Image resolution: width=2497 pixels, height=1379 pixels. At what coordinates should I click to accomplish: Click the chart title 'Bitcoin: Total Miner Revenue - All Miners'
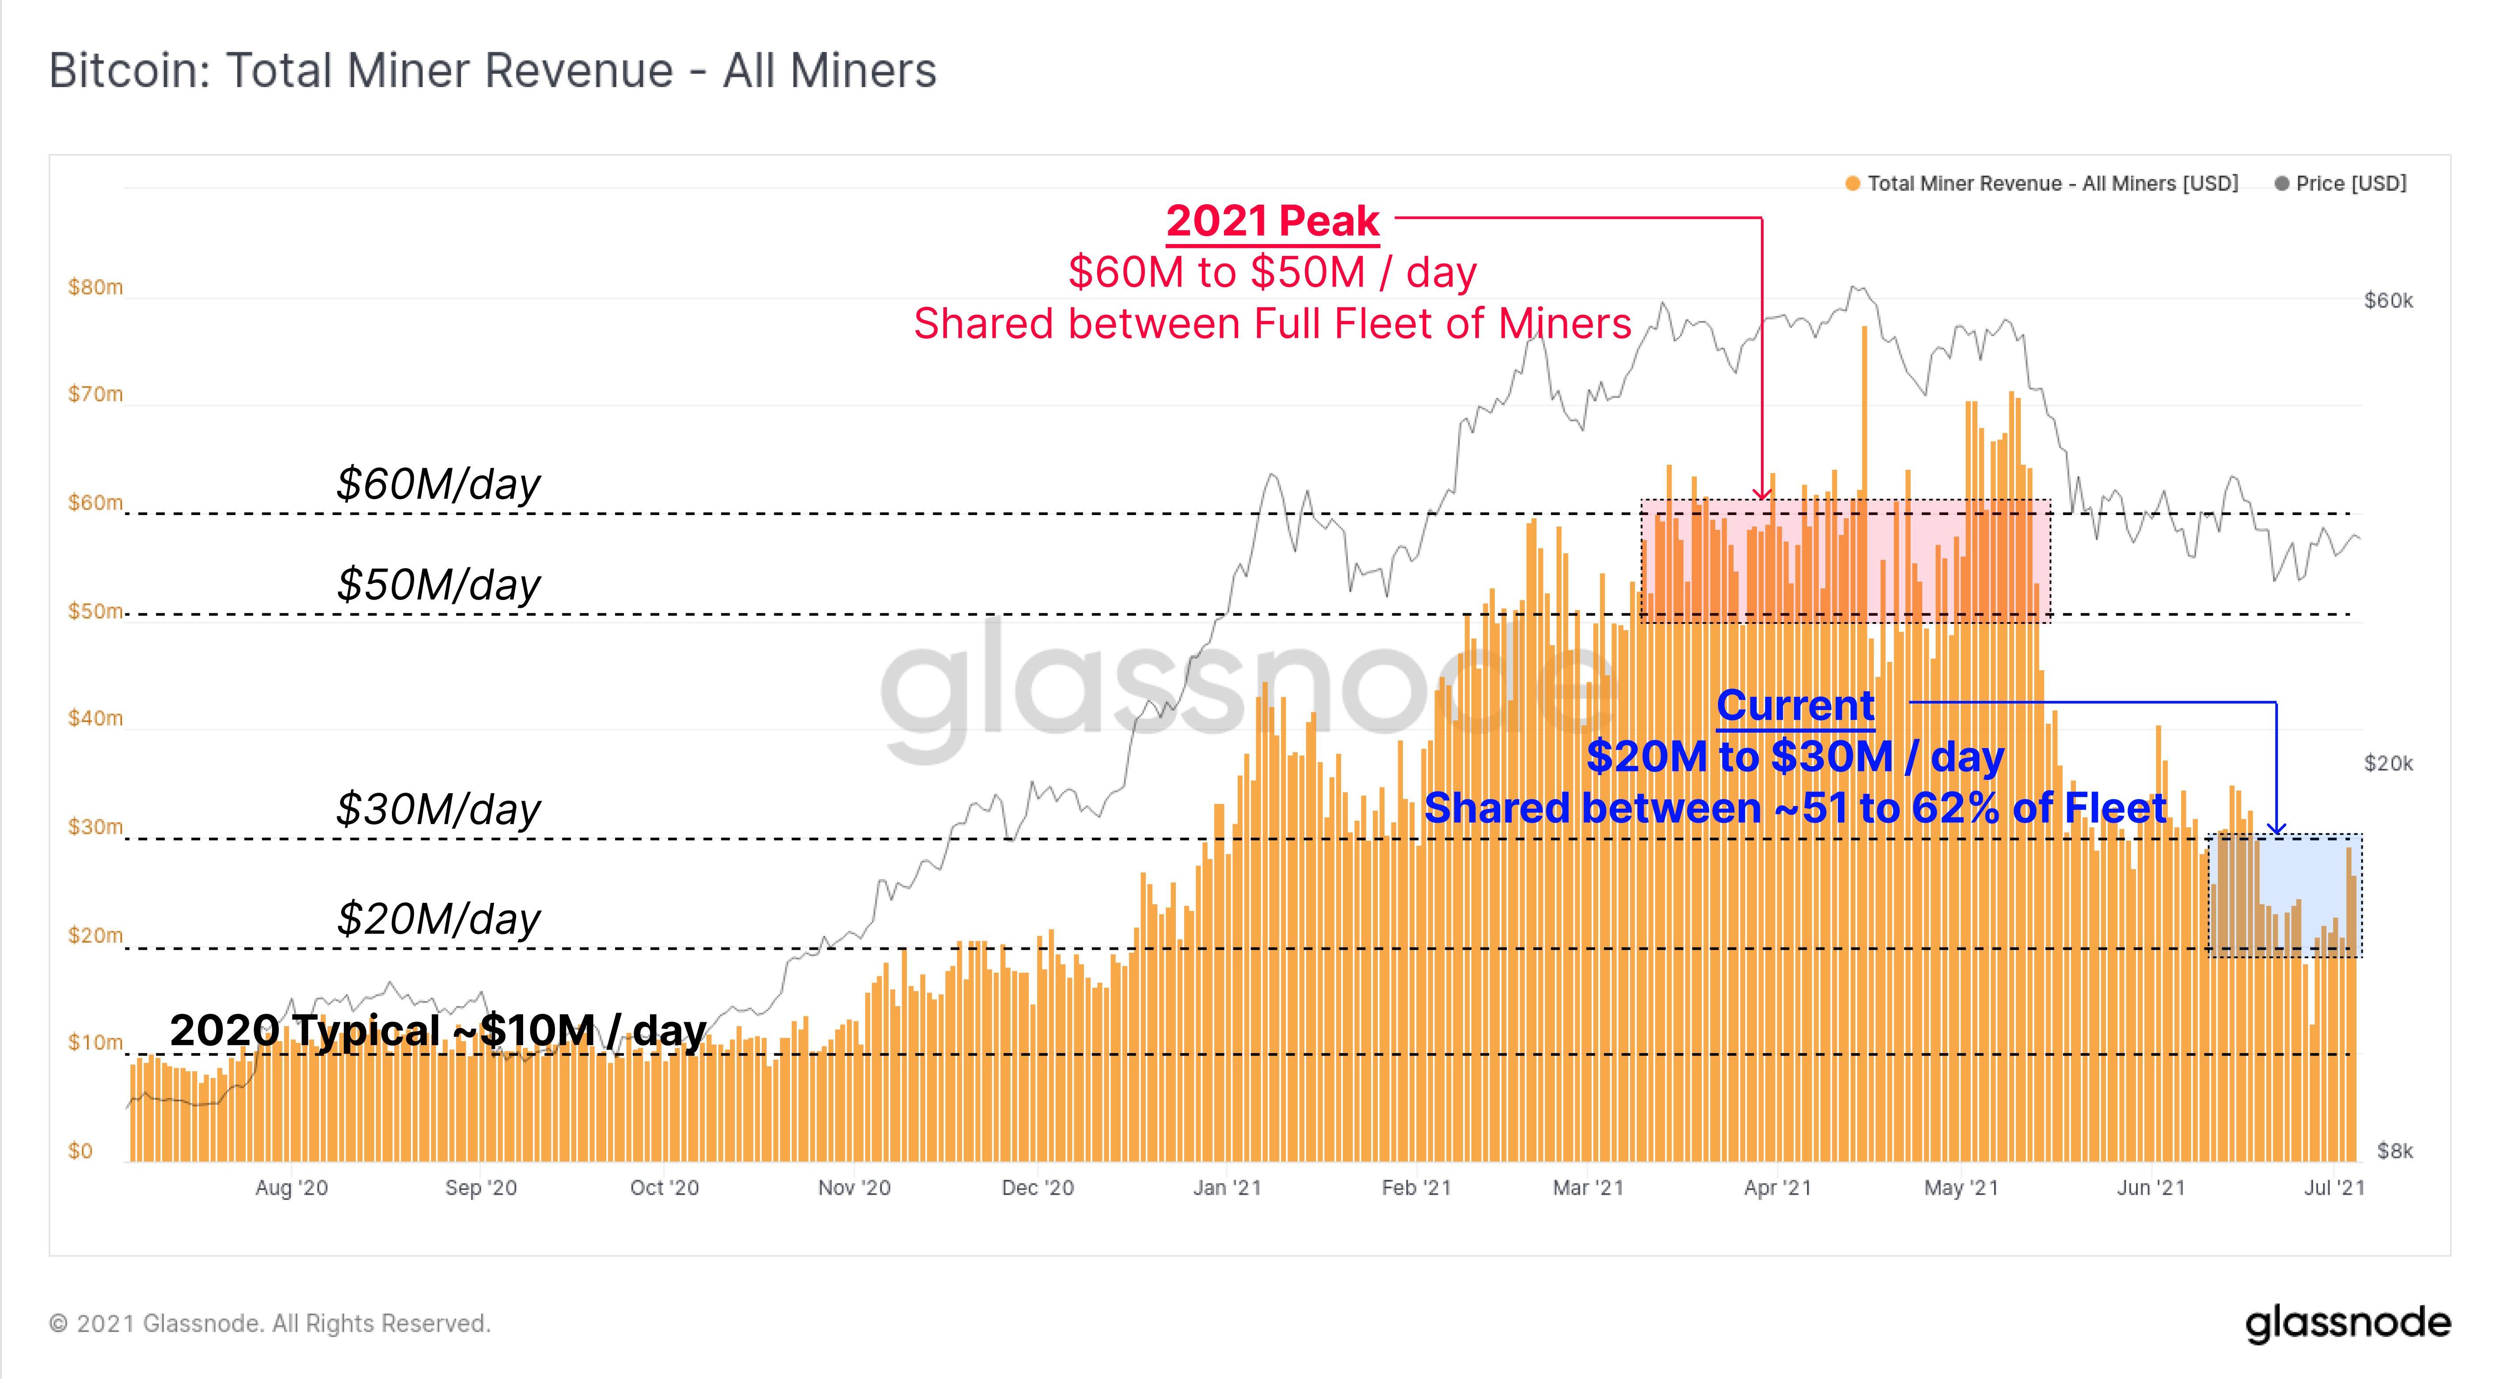pos(492,71)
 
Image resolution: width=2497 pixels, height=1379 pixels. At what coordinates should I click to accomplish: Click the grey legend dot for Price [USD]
pos(2282,183)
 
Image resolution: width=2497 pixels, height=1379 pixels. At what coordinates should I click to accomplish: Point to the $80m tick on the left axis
pos(95,287)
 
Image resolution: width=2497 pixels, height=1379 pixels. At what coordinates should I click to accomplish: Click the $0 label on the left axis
pos(80,1151)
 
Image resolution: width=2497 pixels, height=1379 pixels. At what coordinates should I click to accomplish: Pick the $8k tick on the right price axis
pos(2394,1151)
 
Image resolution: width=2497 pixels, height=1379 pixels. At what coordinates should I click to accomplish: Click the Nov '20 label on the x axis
pos(854,1188)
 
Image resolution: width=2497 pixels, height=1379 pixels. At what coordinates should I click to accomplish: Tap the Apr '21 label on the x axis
pos(1777,1188)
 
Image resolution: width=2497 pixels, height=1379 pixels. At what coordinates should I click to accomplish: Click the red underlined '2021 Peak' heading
pos(1272,221)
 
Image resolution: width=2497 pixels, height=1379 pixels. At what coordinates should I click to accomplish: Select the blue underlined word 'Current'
pos(1795,705)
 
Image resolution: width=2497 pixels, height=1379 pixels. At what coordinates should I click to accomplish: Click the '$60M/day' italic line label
pos(438,483)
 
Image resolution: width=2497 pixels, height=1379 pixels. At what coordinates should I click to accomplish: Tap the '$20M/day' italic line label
pos(438,917)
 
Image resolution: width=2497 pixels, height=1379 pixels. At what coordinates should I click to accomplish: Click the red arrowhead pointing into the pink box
pos(1761,495)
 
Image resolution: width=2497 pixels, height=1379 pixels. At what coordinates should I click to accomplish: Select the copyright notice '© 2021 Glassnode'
pos(270,1324)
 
